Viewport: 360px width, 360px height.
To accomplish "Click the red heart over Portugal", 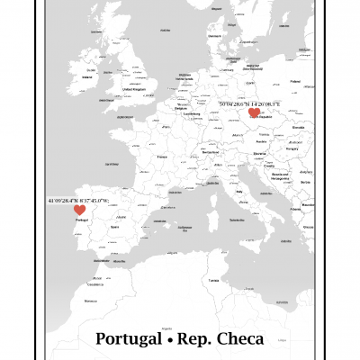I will tap(80, 210).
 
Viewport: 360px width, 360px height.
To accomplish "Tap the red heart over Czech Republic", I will tap(254, 113).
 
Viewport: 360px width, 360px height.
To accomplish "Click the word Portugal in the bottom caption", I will tap(128, 339).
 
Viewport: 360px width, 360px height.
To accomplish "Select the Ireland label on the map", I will tap(87, 77).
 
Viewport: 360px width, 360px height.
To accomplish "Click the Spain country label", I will tap(114, 227).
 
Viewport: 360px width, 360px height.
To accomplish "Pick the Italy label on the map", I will tap(240, 191).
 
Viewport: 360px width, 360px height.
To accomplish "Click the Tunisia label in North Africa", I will tap(214, 280).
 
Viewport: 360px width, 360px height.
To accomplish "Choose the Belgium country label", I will tap(181, 104).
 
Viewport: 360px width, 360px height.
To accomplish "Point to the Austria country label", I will tap(261, 141).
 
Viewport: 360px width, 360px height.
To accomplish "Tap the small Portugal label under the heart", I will tap(81, 220).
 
